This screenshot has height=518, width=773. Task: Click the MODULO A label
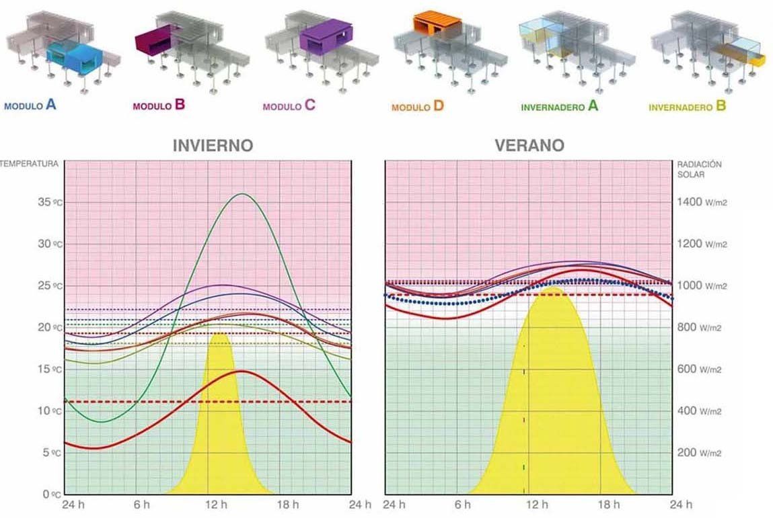click(x=30, y=105)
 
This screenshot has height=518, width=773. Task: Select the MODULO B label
click(x=159, y=105)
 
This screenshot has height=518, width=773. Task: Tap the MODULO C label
click(x=289, y=105)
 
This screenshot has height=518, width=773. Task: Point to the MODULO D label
click(x=418, y=105)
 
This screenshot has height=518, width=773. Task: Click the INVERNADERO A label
click(x=559, y=106)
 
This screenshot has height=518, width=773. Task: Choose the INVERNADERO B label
click(x=687, y=106)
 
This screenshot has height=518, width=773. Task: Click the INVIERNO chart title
click(x=213, y=146)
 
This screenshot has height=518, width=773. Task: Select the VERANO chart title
click(x=530, y=146)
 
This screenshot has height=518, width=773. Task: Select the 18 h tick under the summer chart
click(x=608, y=505)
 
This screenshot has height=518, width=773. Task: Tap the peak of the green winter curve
click(x=242, y=193)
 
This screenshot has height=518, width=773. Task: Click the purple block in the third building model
click(x=326, y=37)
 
